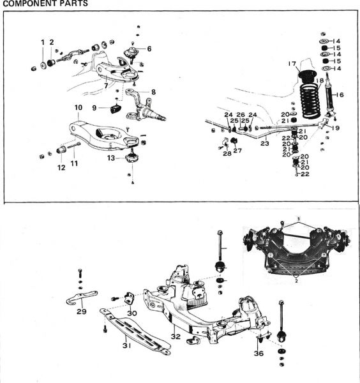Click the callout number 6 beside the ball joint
pyautogui.click(x=149, y=49)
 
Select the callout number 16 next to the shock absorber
pyautogui.click(x=340, y=94)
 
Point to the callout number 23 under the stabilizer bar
pyautogui.click(x=265, y=144)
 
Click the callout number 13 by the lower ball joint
pyautogui.click(x=111, y=158)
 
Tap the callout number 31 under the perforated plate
pyautogui.click(x=127, y=345)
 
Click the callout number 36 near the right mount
pyautogui.click(x=259, y=354)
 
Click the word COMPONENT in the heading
pyautogui.click(x=27, y=3)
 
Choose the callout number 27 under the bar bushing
pyautogui.click(x=237, y=151)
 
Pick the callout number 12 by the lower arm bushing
pyautogui.click(x=61, y=168)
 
